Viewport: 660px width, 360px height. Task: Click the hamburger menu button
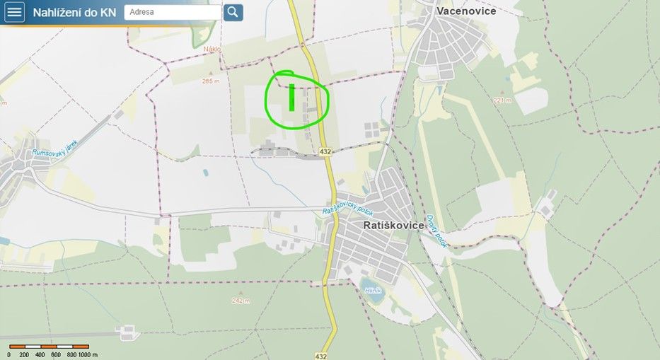[14, 12]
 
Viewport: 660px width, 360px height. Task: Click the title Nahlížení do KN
[74, 12]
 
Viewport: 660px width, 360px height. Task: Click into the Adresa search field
[173, 12]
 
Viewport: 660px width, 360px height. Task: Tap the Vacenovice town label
[466, 11]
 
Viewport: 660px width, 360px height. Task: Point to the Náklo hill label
[212, 49]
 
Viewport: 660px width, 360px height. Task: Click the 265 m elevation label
[210, 81]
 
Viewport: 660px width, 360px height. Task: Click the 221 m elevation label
[502, 100]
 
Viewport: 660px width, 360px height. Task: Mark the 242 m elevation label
[241, 301]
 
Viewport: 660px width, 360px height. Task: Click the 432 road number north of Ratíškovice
[325, 151]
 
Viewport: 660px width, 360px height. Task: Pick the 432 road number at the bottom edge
[321, 356]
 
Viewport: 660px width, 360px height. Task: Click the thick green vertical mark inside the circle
[291, 98]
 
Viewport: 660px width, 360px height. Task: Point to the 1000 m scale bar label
[87, 354]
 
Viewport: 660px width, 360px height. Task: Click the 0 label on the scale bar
[9, 354]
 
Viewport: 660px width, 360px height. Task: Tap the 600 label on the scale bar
[56, 354]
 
